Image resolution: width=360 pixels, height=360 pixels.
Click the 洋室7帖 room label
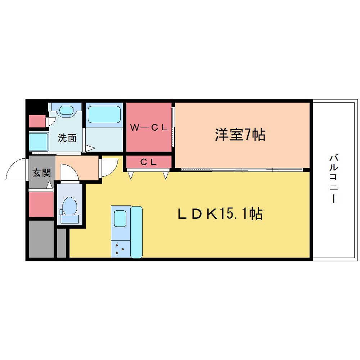(x=240, y=135)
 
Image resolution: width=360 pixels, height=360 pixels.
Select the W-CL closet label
(x=148, y=127)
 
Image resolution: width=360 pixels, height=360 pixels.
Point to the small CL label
(x=148, y=162)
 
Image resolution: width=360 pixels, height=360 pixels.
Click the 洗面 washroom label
(x=67, y=138)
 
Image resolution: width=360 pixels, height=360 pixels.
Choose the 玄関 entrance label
(x=42, y=173)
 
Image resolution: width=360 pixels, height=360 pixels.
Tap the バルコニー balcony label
(x=333, y=179)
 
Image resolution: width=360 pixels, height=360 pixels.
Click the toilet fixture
(x=69, y=211)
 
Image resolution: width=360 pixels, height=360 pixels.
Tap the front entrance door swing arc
(x=14, y=169)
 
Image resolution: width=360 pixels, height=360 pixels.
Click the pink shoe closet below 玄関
(x=41, y=204)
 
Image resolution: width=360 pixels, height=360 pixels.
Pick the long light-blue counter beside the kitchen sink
(x=136, y=232)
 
